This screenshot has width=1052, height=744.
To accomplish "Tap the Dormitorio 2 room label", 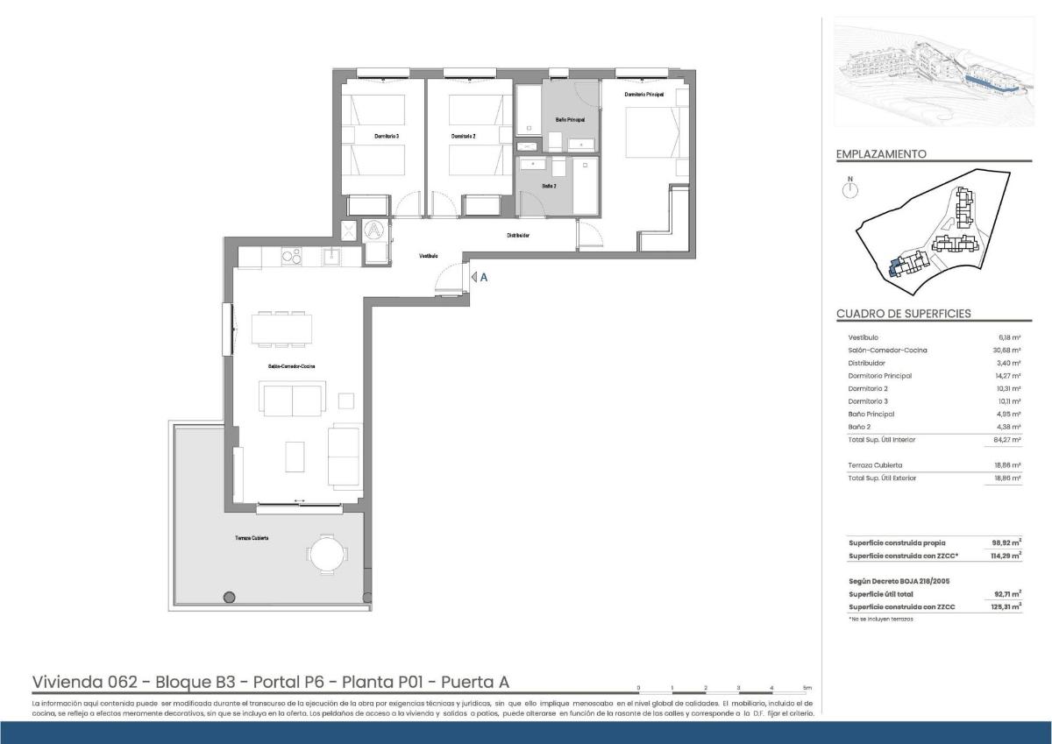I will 463,137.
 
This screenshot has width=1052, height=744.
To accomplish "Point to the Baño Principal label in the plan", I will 570,119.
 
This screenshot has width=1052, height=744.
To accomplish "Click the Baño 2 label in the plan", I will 549,186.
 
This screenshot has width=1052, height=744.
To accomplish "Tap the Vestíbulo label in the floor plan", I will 428,256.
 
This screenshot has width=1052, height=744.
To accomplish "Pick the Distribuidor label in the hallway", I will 518,235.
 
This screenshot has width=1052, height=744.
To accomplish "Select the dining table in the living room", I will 281,328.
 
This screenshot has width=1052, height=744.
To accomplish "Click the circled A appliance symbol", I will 374,230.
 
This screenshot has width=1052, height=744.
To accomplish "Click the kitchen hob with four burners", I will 291,256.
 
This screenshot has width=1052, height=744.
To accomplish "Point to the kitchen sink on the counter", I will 332,256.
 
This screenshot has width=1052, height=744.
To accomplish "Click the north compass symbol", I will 849,189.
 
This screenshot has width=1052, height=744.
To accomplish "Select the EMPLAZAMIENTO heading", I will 881,154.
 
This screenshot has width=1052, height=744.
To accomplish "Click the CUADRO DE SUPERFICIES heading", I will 903,314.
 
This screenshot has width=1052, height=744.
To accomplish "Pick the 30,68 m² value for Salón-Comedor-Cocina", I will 1009,351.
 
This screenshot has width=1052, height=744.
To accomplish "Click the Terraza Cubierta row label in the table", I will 875,465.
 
